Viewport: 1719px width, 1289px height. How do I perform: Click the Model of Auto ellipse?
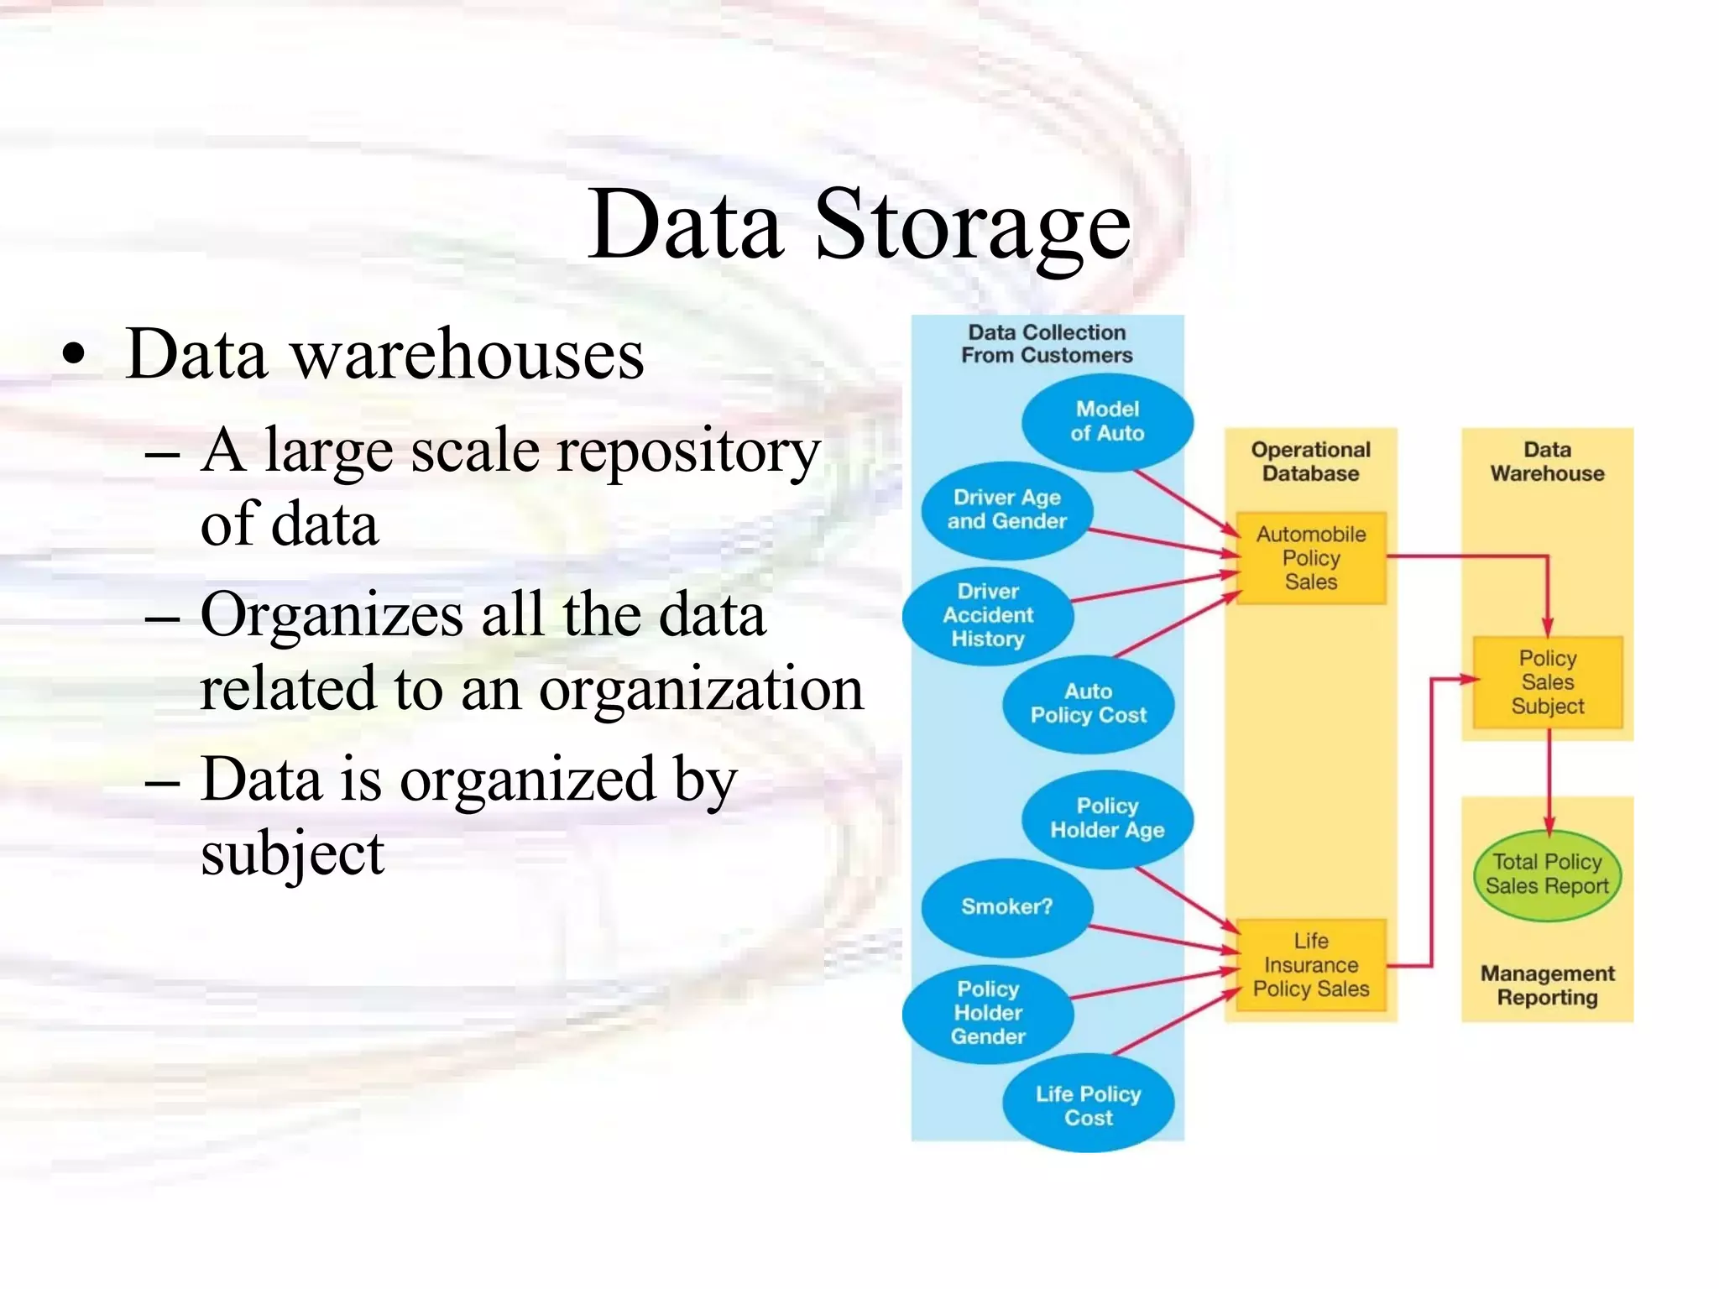pos(1107,421)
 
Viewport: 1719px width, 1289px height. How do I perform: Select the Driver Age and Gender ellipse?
pos(1006,509)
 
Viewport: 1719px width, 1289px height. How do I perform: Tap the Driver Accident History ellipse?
pos(988,615)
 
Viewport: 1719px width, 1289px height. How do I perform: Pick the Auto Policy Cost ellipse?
pos(1088,703)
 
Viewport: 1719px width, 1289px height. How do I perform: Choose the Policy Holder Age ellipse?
pos(1107,818)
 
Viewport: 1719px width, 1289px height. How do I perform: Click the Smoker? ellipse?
pos(1006,906)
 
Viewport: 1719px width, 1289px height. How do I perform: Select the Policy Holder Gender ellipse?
pos(988,1013)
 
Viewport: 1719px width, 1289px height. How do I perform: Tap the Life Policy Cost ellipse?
pos(1088,1105)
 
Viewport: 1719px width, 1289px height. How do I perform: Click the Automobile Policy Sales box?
pos(1310,558)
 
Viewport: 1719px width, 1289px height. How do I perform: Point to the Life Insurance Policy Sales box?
pos(1310,965)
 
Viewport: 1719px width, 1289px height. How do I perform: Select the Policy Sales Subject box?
pos(1547,682)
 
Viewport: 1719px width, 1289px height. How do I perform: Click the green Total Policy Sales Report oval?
pos(1547,874)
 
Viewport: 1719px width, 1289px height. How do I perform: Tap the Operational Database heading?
pos(1310,462)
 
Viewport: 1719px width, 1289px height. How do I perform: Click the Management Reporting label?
pos(1547,985)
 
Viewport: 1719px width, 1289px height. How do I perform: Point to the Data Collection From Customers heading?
pos(1047,344)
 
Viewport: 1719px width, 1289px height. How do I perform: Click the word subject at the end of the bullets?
pos(292,853)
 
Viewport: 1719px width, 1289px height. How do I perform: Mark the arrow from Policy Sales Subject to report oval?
pos(1549,780)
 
